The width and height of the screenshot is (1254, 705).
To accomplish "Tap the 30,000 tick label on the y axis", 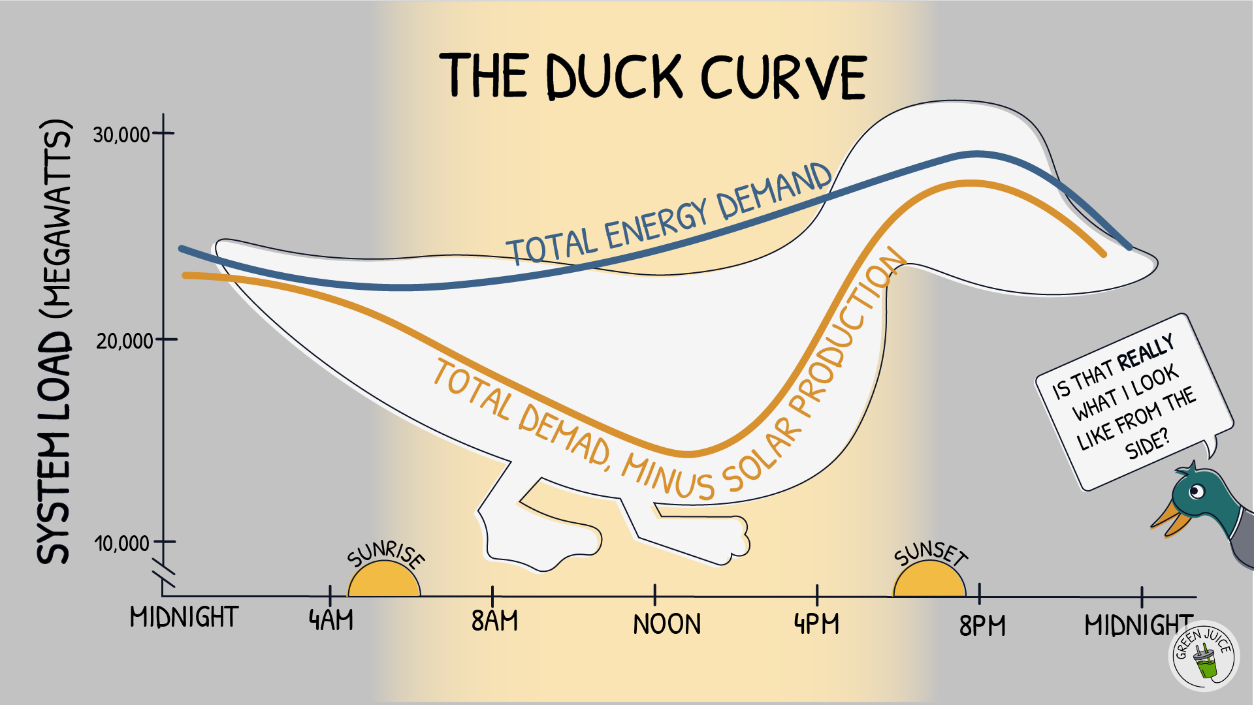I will click(x=122, y=135).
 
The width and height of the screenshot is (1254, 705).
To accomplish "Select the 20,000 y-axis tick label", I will click(x=124, y=341).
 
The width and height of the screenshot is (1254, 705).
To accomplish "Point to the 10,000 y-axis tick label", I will click(x=122, y=543).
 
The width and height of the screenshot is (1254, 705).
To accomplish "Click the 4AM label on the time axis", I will click(x=331, y=620).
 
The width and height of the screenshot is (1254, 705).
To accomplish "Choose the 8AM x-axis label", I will click(x=494, y=621).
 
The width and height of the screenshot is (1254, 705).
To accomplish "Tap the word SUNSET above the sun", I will click(x=931, y=554).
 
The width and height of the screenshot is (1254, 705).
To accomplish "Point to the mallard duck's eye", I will click(x=1197, y=491).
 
